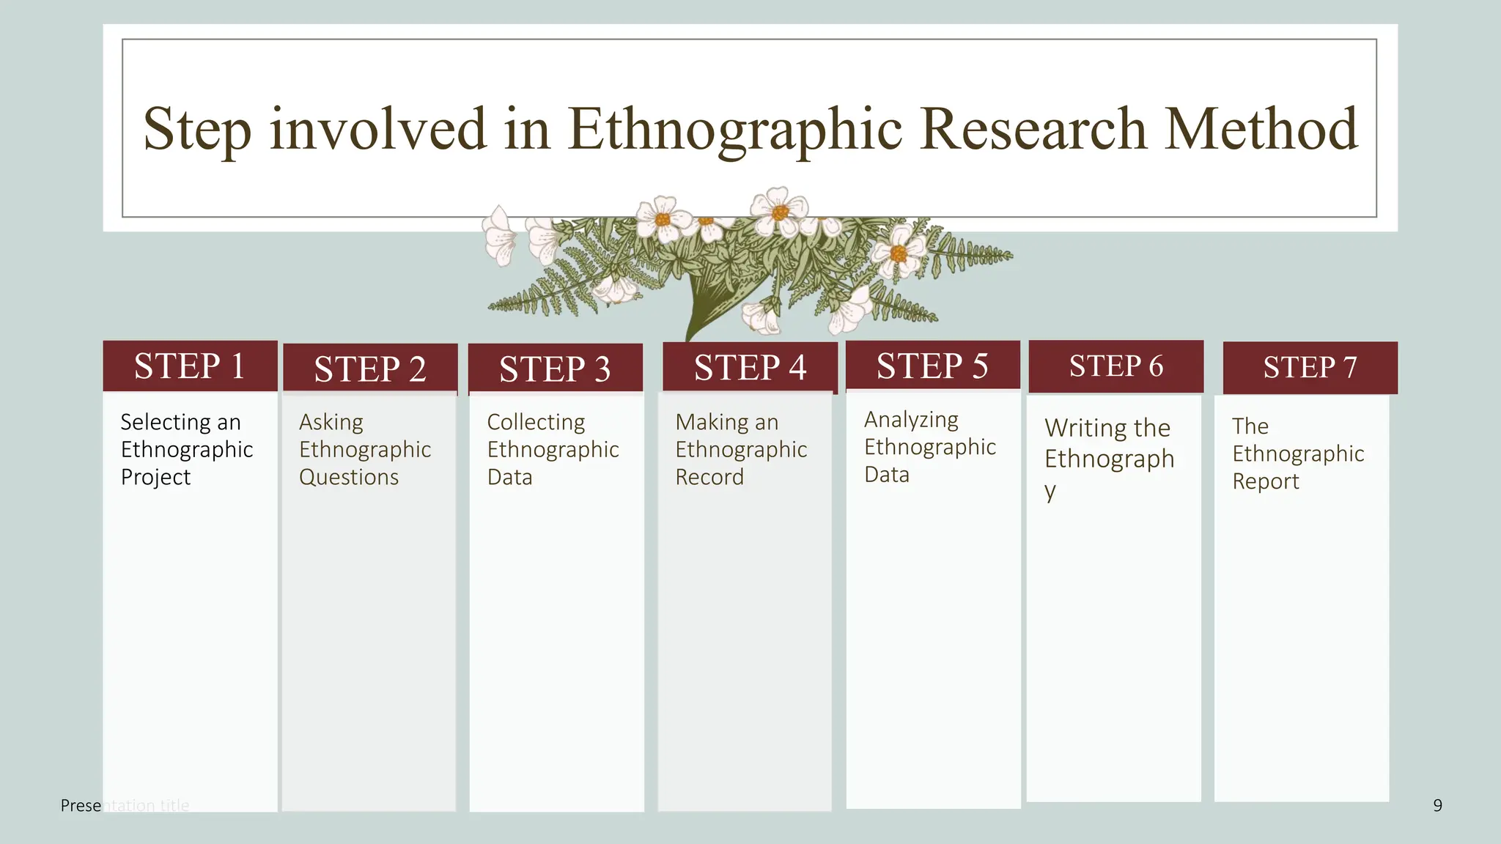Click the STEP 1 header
click(190, 366)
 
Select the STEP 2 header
click(370, 369)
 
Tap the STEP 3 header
click(555, 369)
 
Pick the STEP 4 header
click(750, 367)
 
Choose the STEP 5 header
click(932, 366)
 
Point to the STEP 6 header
click(1115, 366)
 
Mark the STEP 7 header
click(1310, 367)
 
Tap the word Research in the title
click(1033, 129)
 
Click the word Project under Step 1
click(155, 477)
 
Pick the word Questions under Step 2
click(349, 477)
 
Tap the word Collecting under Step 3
click(536, 422)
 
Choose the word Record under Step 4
click(709, 477)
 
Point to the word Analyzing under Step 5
click(911, 420)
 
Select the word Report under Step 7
click(1266, 481)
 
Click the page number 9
click(1437, 806)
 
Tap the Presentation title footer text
click(125, 806)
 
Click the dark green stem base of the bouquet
click(704, 308)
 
